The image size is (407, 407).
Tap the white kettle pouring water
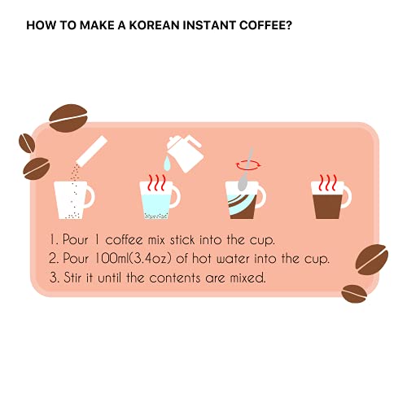183,154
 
